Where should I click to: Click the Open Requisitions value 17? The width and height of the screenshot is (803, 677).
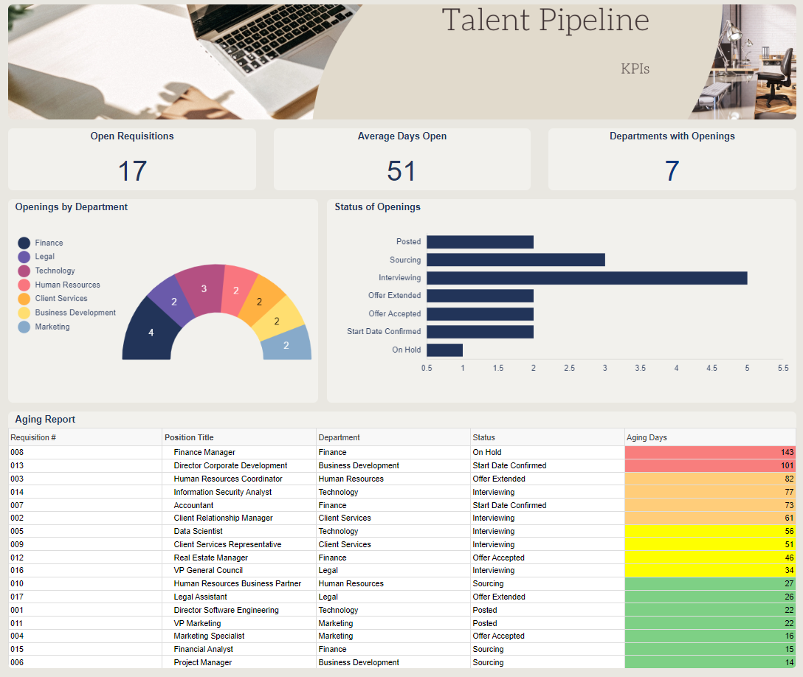132,171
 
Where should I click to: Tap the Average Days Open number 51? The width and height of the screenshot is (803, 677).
401,171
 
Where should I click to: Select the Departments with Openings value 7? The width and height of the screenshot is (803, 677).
672,171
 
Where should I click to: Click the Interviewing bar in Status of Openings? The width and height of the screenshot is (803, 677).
587,278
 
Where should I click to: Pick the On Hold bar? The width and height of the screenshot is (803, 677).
444,350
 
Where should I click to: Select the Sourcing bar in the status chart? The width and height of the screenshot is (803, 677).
516,260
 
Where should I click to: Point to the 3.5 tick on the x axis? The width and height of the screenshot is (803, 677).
640,368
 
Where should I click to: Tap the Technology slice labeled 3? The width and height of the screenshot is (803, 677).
201,289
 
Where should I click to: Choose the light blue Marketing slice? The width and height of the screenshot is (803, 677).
286,344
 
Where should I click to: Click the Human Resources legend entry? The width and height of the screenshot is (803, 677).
59,285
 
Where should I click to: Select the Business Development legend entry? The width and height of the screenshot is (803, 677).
67,313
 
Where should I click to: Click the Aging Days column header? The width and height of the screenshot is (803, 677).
647,437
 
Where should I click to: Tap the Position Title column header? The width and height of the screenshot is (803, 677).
189,437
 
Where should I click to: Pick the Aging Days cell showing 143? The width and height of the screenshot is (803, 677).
710,452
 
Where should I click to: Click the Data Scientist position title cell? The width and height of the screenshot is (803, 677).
199,531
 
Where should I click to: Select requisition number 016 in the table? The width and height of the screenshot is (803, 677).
17,571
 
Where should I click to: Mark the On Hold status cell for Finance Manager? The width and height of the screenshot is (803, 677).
487,452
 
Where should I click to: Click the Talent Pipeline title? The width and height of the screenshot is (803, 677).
545,21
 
